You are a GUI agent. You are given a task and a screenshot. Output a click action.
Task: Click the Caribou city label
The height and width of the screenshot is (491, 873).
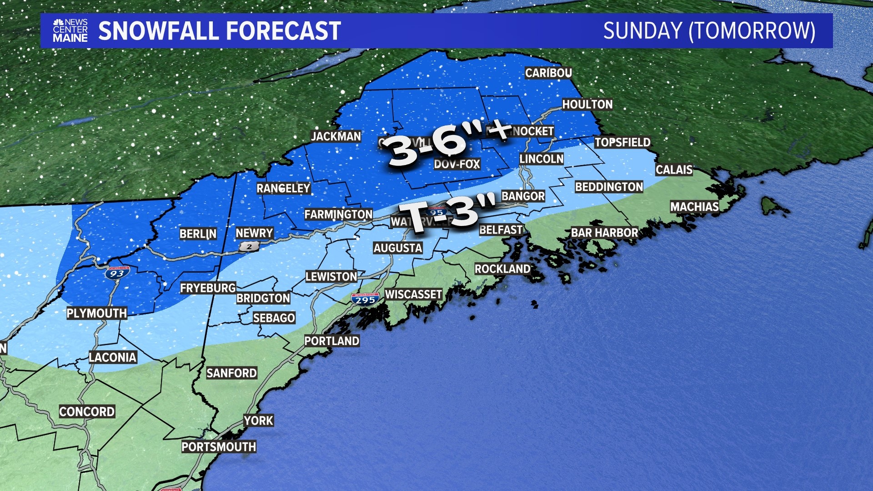548,73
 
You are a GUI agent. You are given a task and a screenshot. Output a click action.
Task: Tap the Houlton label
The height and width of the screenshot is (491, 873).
587,105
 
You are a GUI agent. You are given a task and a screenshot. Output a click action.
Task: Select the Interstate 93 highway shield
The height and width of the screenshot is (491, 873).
117,273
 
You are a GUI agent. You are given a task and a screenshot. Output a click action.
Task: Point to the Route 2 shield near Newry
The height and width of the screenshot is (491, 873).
249,246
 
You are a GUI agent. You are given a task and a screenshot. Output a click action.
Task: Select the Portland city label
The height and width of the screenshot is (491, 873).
331,341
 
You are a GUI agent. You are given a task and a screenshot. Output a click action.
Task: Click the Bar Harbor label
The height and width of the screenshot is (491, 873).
604,233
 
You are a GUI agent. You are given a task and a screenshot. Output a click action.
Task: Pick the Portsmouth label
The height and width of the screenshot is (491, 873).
219,447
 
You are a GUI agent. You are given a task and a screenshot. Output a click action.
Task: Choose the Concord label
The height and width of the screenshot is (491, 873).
87,412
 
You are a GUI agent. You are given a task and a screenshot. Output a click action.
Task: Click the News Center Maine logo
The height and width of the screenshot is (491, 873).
70,31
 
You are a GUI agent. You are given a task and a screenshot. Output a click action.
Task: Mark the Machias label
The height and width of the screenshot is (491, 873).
694,207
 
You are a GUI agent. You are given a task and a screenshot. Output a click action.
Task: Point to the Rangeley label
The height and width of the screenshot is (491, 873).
283,188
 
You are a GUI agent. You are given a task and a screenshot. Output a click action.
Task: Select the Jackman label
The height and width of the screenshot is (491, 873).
336,136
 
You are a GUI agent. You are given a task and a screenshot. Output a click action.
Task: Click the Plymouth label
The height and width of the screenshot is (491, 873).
96,313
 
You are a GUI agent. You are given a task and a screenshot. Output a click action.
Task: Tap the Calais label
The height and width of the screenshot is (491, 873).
674,170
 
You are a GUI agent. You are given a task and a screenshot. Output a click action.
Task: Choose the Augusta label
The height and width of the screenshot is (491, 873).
398,248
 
